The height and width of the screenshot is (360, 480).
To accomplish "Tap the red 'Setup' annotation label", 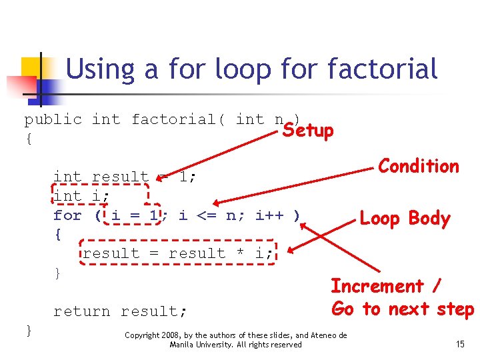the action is [307, 130].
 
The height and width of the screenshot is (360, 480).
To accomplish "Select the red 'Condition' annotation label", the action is [419, 166].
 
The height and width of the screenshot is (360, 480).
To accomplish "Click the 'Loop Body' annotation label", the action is [405, 219].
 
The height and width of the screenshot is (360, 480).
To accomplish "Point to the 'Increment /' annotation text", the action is [386, 286].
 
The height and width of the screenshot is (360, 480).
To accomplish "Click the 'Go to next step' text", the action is [402, 309].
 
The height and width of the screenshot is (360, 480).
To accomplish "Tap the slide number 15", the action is [460, 344].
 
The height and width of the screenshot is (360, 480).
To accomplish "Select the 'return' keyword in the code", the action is [82, 311].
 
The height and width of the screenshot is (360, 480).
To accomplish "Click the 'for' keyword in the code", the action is [67, 215].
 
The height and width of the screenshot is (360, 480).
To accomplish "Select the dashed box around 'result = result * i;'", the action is [177, 253].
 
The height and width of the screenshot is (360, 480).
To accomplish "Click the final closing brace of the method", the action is [28, 330].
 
